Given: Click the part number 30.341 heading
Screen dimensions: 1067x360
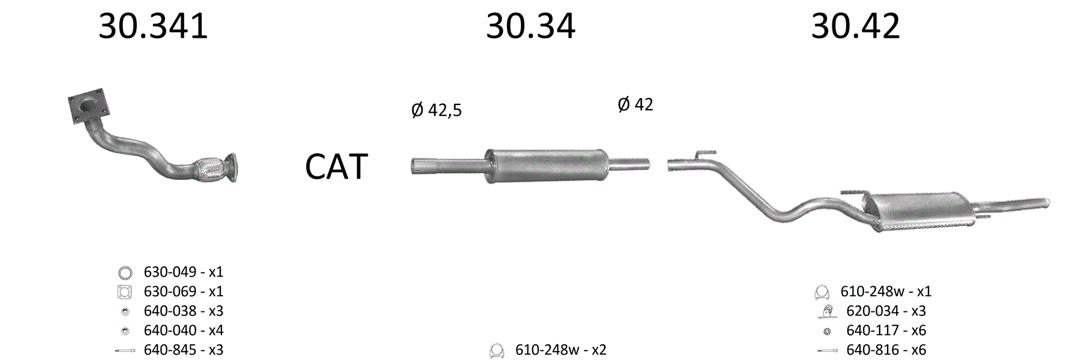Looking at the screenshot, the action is (x=153, y=27).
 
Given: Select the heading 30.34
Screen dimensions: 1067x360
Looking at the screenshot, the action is (x=530, y=27).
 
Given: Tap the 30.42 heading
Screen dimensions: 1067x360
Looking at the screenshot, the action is (x=856, y=27).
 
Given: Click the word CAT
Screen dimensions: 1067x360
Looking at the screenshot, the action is (x=336, y=166).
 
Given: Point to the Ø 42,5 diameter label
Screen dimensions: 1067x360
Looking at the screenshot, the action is (x=437, y=110).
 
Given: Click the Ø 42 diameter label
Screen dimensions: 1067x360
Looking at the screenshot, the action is (x=636, y=104).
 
